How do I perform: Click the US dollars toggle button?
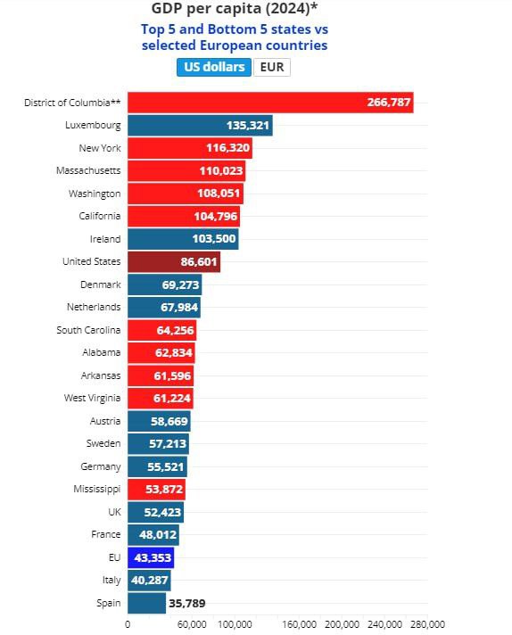pyautogui.click(x=214, y=67)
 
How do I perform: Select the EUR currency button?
pyautogui.click(x=272, y=67)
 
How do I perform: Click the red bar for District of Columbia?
pyautogui.click(x=270, y=103)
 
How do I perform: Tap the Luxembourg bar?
pyautogui.click(x=200, y=126)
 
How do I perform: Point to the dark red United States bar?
pyautogui.click(x=174, y=261)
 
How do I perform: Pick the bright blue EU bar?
pyautogui.click(x=151, y=557)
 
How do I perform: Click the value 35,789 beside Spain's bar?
pyautogui.click(x=187, y=604)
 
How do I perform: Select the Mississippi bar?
pyautogui.click(x=157, y=490)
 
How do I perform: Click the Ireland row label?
pyautogui.click(x=105, y=239)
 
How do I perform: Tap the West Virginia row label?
pyautogui.click(x=93, y=398)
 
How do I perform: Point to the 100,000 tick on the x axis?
pyautogui.click(x=235, y=624)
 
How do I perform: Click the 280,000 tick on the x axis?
pyautogui.click(x=428, y=624)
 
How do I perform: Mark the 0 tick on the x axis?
pyautogui.click(x=128, y=624)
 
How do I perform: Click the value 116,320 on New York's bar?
pyautogui.click(x=228, y=148)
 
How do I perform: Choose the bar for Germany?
pyautogui.click(x=158, y=466)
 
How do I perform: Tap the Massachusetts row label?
pyautogui.click(x=88, y=170)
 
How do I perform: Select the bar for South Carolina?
pyautogui.click(x=162, y=330)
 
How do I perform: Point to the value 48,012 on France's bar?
pyautogui.click(x=158, y=535)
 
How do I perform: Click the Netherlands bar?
pyautogui.click(x=164, y=308)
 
